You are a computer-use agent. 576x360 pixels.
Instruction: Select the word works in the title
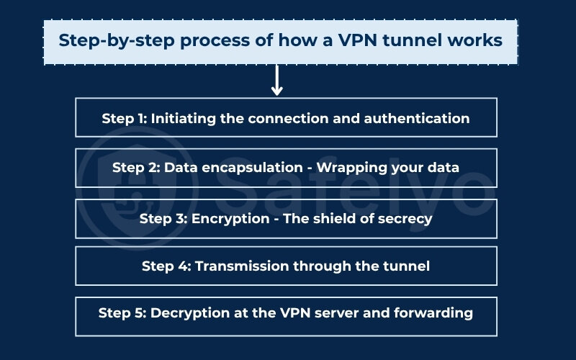pos(477,40)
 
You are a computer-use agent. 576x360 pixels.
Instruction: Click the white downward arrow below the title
pos(276,81)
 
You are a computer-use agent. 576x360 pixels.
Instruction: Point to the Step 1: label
pos(125,118)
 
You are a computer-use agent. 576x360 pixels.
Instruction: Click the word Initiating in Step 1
pos(184,118)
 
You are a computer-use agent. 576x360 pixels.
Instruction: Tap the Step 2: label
pos(136,168)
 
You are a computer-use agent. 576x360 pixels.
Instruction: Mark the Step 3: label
pos(164,218)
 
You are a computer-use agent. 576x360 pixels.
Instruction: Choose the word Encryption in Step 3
pos(229,218)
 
